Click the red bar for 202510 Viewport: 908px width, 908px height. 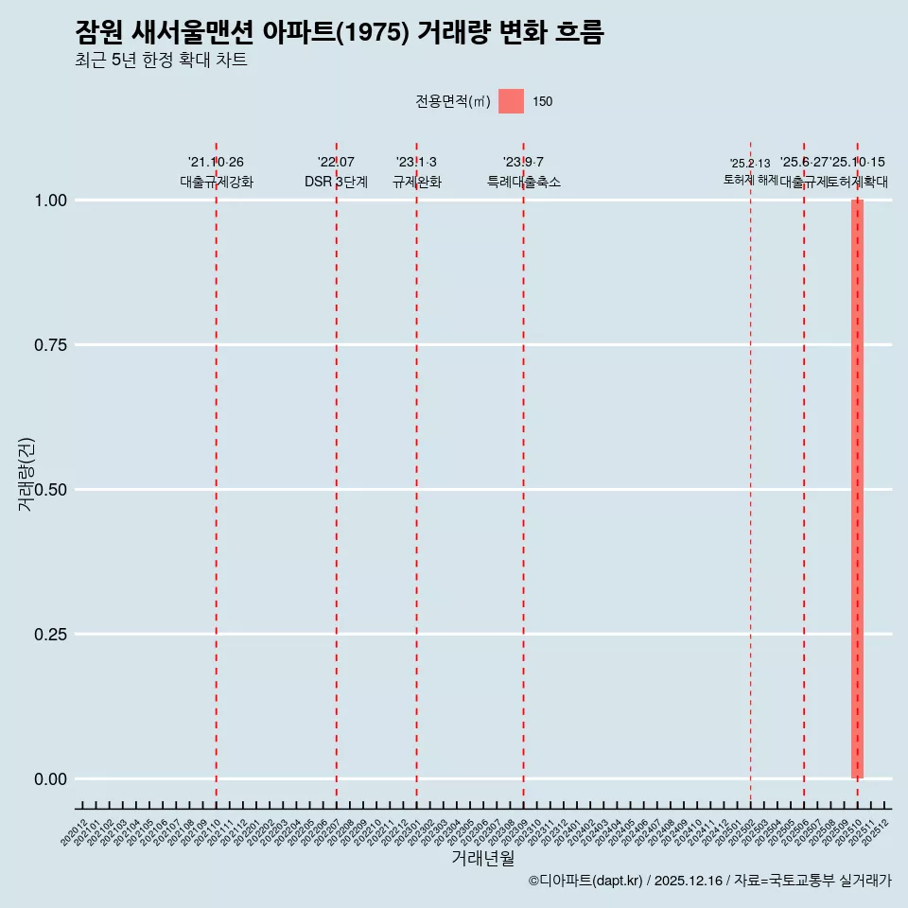(857, 489)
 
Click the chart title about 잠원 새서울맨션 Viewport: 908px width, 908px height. (339, 33)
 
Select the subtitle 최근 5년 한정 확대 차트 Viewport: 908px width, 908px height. (161, 61)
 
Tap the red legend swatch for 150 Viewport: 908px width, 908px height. (511, 101)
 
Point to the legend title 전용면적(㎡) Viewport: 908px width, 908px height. (452, 101)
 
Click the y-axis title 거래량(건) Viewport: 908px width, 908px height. (26, 475)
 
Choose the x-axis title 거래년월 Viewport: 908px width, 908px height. (483, 859)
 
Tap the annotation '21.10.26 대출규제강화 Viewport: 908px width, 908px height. (216, 172)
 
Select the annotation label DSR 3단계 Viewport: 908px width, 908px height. (336, 182)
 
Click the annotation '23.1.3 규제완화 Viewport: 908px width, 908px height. (416, 172)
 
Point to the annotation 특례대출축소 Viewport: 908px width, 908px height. (523, 182)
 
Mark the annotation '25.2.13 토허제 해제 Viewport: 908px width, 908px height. (750, 171)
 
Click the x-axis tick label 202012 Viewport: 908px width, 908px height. (75, 833)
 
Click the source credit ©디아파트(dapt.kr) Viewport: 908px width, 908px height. (585, 881)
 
